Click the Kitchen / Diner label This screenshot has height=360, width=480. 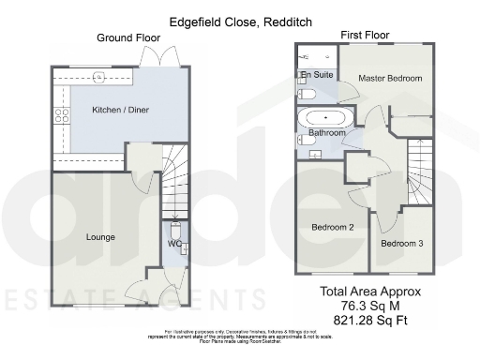[x=120, y=111]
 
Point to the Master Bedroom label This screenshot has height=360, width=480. [x=390, y=79]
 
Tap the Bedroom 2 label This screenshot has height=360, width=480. [x=332, y=227]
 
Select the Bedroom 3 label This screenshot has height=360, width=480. [x=401, y=244]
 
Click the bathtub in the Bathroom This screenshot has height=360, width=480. [x=325, y=118]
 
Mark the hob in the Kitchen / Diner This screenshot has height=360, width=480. [x=63, y=116]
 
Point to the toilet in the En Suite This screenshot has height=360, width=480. [x=306, y=95]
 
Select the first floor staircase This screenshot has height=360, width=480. [x=420, y=169]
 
